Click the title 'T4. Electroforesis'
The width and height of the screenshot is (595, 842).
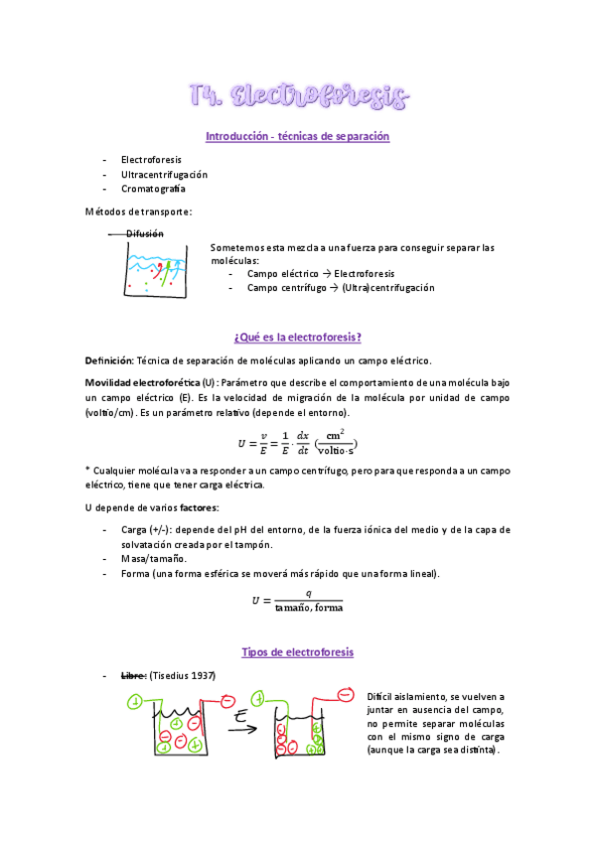point(298,96)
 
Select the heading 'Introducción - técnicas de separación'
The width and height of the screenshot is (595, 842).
point(297,136)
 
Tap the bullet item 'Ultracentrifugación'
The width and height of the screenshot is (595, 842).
point(164,174)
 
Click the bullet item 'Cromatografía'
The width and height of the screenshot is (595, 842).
point(153,189)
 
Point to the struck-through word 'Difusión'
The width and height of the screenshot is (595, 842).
point(145,233)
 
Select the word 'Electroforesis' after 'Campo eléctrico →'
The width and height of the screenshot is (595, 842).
point(365,273)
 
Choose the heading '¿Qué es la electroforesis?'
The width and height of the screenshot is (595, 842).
point(297,337)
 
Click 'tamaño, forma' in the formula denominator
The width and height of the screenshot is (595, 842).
point(309,608)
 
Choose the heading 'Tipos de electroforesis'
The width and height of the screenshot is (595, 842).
point(297,652)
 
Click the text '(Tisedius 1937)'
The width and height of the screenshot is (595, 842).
point(183,676)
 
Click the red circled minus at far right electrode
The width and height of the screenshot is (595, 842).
point(345,693)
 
